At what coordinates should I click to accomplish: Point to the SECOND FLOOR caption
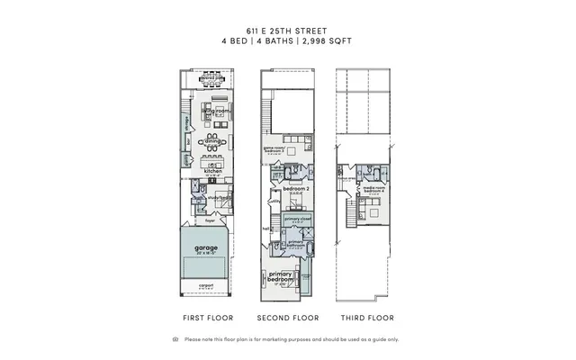tap(288, 318)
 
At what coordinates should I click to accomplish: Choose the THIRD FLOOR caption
tap(367, 318)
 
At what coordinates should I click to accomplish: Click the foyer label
tap(209, 220)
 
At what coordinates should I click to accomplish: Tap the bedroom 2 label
tap(295, 189)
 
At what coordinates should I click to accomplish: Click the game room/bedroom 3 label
tap(275, 148)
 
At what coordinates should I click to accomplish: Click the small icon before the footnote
tap(175, 339)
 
